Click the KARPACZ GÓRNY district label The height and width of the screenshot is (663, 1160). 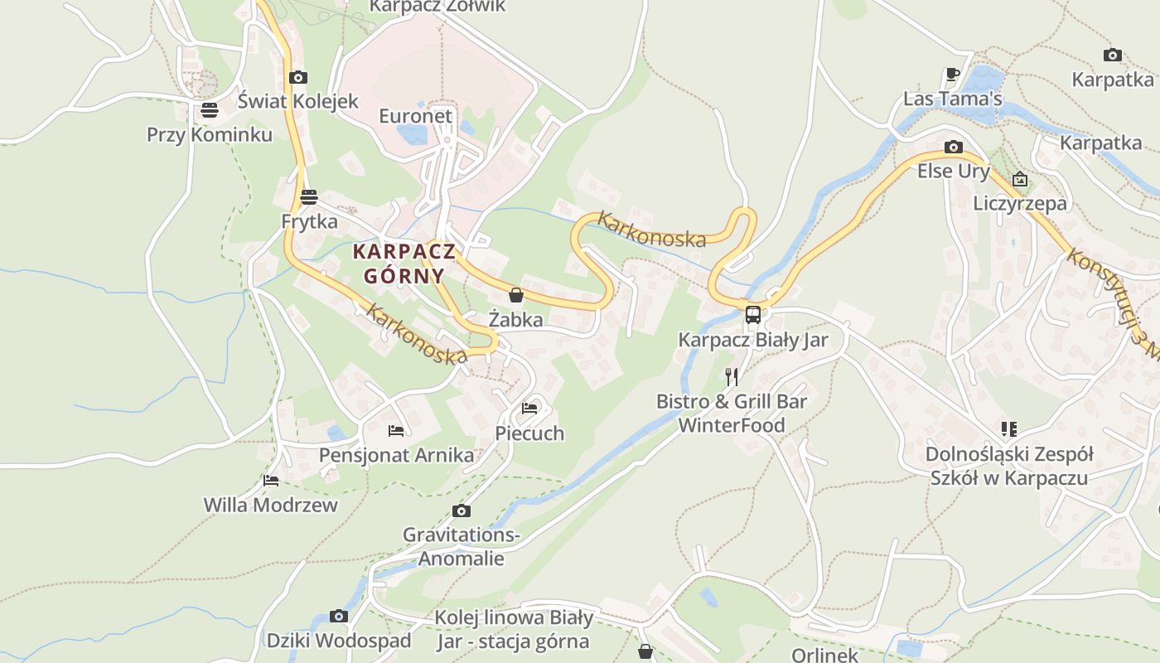404,264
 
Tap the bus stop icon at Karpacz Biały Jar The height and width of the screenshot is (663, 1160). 752,315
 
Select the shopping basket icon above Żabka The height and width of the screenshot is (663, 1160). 516,295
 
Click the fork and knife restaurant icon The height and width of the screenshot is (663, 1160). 731,377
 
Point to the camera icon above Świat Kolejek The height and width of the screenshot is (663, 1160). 298,77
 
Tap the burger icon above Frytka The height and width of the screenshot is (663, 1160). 309,197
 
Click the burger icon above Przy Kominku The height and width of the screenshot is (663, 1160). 209,110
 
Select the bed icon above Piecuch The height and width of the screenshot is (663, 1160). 529,408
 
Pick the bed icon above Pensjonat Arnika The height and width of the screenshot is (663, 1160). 396,430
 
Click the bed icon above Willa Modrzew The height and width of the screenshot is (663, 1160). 271,480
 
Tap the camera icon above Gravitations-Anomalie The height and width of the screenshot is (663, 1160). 462,511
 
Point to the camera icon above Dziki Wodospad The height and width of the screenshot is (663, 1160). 338,616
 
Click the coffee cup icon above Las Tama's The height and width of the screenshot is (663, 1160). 953,75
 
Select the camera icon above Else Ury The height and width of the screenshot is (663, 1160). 954,148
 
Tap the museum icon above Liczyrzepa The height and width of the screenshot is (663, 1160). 1020,179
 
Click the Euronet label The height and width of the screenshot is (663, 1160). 416,115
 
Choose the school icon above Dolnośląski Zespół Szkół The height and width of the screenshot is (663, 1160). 1008,429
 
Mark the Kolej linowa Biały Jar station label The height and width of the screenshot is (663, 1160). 514,629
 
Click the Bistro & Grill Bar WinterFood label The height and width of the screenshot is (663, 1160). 732,413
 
